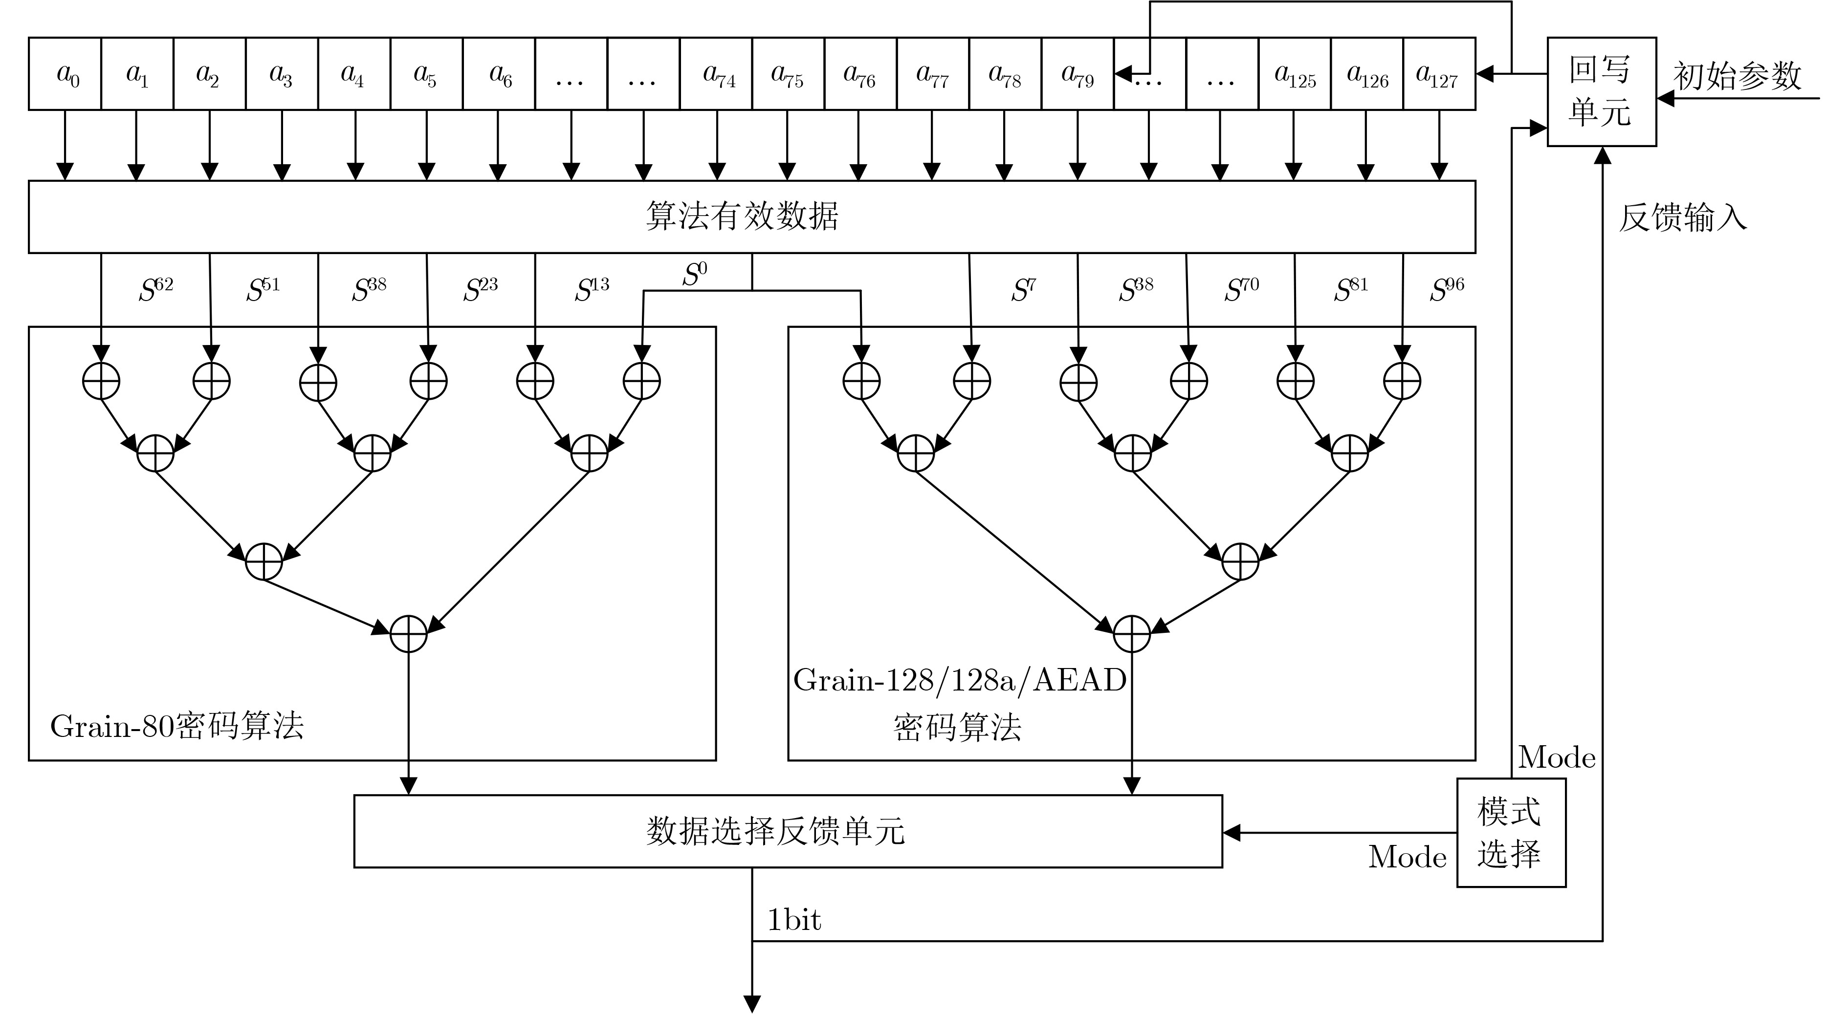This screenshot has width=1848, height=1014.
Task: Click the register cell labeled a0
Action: coord(66,74)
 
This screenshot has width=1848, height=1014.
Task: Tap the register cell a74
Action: coord(716,74)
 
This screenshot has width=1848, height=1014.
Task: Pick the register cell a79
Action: coord(1078,74)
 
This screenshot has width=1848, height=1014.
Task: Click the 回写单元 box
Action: coord(1601,92)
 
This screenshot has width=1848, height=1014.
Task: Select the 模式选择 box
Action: coord(1511,833)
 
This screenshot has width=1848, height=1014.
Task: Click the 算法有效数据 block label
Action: coord(742,216)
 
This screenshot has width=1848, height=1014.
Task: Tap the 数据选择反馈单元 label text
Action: coord(775,831)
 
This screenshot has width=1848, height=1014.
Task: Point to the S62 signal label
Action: coord(155,289)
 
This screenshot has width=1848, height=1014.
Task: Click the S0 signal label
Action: coord(694,274)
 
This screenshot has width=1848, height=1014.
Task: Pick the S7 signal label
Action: coord(1024,289)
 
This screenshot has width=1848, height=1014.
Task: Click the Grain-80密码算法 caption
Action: coord(177,726)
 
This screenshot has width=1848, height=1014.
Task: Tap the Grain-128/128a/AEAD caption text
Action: coord(960,680)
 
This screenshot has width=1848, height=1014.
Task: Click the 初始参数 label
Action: coord(1737,75)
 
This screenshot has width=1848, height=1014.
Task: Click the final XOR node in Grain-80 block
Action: coord(408,634)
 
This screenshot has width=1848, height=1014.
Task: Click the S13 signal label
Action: coord(592,289)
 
